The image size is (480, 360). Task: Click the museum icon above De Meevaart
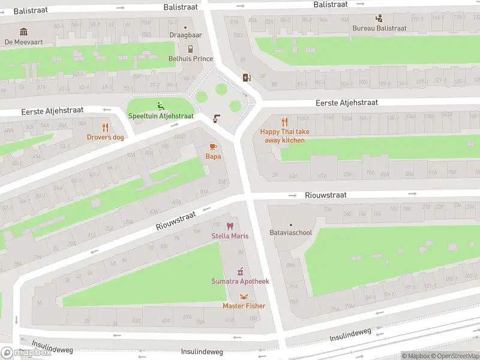[x=23, y=32]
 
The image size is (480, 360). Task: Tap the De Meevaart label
[x=23, y=42]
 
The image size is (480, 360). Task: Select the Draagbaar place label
[x=185, y=35]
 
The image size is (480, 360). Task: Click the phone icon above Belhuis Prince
[x=190, y=49]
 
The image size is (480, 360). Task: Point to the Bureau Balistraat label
[x=379, y=28]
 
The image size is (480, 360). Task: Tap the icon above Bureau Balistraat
[x=379, y=18]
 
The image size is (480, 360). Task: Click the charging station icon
[x=246, y=77]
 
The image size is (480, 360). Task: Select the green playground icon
[x=160, y=106]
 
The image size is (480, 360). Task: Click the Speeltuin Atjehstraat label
[x=160, y=116]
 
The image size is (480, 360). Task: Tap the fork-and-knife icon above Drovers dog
[x=106, y=127]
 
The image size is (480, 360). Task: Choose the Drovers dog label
[x=106, y=137]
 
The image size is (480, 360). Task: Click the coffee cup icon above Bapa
[x=213, y=146]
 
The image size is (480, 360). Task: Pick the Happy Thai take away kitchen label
[x=285, y=136]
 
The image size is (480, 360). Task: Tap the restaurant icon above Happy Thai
[x=285, y=121]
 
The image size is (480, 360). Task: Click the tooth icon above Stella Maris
[x=229, y=226]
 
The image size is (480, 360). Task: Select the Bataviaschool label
[x=291, y=232]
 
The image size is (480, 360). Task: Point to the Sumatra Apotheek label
[x=240, y=281]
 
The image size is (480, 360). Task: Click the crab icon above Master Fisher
[x=244, y=296]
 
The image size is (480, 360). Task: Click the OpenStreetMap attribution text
[x=454, y=356]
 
